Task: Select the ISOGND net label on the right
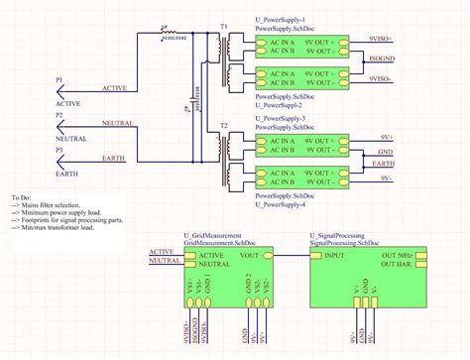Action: pyautogui.click(x=382, y=60)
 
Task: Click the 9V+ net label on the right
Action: pyautogui.click(x=388, y=138)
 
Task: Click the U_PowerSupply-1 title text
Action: pyautogui.click(x=288, y=21)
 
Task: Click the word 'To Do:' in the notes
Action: pyautogui.click(x=22, y=197)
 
